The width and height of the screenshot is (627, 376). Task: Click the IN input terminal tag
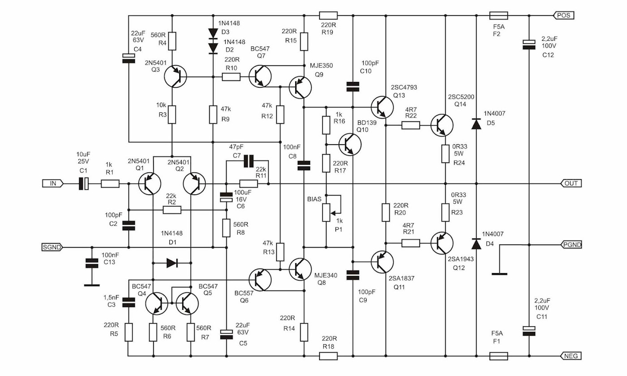(53, 184)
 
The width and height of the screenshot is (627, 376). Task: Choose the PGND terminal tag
(571, 245)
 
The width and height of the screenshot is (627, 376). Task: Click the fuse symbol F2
(498, 15)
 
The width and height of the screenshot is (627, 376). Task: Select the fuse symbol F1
(498, 356)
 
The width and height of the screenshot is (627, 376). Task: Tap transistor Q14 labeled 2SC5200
(442, 125)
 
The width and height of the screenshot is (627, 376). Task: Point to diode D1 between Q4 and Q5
(172, 263)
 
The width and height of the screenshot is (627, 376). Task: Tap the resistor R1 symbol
(110, 184)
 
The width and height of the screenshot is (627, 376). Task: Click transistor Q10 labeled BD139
(350, 144)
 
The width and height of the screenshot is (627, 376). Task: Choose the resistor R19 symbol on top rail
(328, 15)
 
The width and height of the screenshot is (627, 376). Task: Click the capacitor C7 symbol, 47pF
(248, 161)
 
